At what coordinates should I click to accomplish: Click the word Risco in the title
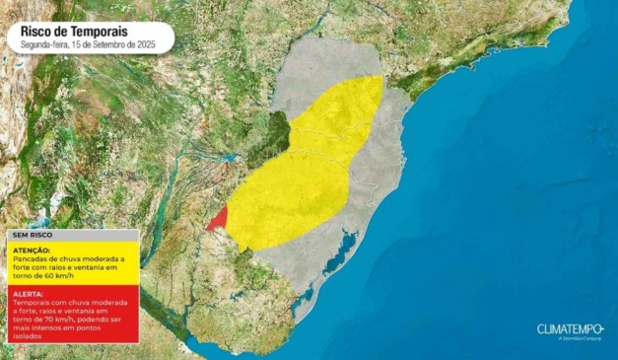click(37, 32)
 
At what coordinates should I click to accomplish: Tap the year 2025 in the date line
click(146, 45)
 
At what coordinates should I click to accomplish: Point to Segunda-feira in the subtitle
click(43, 45)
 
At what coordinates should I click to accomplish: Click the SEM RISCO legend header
click(30, 236)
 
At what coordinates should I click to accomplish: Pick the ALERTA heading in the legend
click(28, 294)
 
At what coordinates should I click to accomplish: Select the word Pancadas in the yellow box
click(30, 258)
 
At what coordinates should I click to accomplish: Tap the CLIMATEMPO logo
click(569, 328)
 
